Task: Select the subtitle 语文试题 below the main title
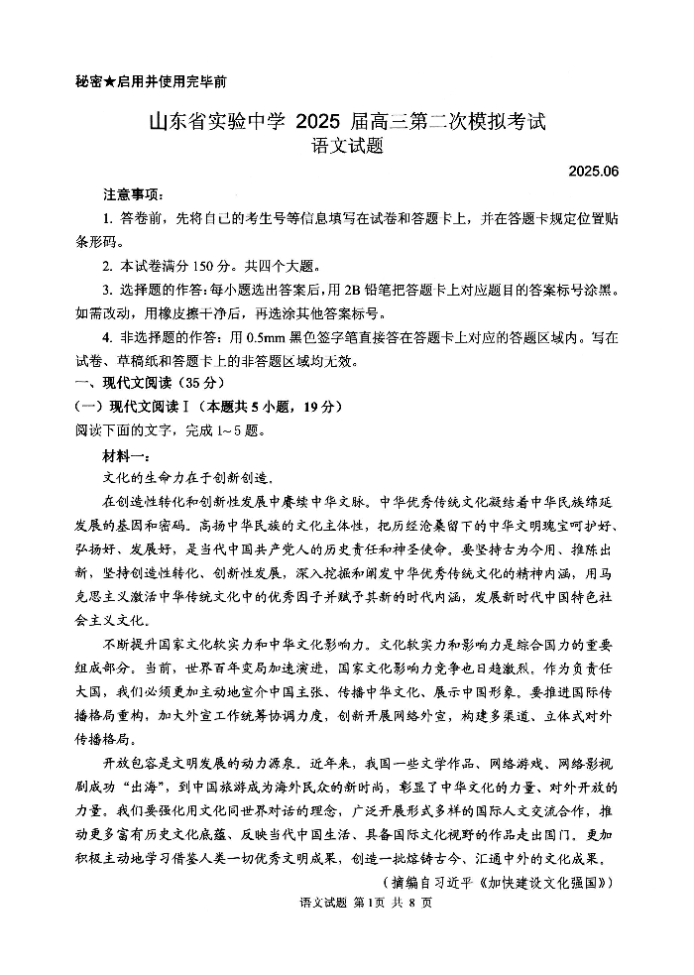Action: click(346, 148)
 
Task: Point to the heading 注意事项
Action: click(132, 194)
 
